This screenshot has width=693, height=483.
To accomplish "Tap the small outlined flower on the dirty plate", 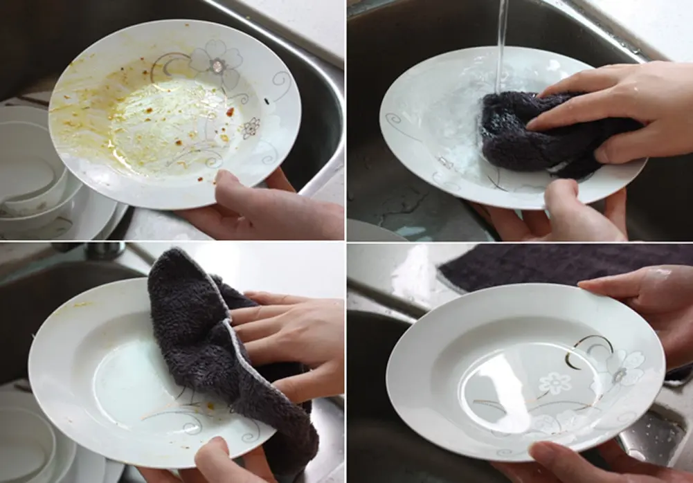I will pos(251,127).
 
